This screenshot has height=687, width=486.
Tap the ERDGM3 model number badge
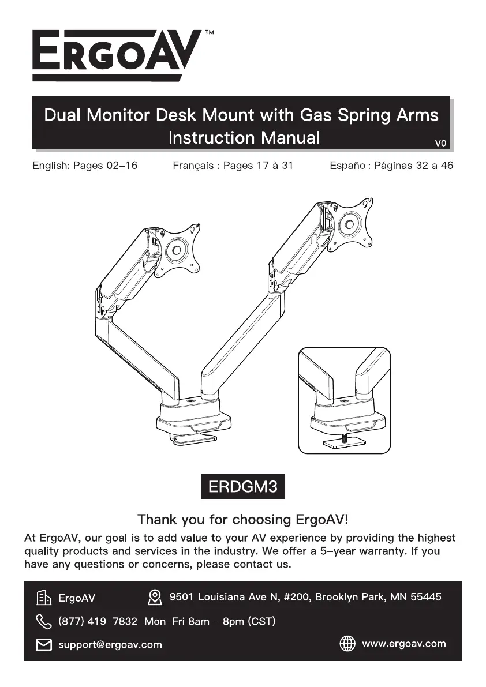point(243,487)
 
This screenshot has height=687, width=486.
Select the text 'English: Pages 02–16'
point(85,166)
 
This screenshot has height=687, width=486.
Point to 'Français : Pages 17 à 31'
point(233,166)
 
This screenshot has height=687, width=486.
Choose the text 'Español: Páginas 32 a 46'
point(391,166)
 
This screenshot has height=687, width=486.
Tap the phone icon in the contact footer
point(44,622)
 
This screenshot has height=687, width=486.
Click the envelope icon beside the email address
point(44,644)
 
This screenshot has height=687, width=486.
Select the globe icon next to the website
point(347,644)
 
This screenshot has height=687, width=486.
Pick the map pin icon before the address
point(154,597)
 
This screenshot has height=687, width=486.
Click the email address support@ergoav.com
point(110,644)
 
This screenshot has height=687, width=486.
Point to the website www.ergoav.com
point(404,644)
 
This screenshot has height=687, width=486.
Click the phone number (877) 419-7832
point(98,622)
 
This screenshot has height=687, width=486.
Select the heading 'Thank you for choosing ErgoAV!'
point(243,519)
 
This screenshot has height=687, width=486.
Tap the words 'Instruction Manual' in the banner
point(244,138)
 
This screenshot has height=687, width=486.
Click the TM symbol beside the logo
point(209,33)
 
